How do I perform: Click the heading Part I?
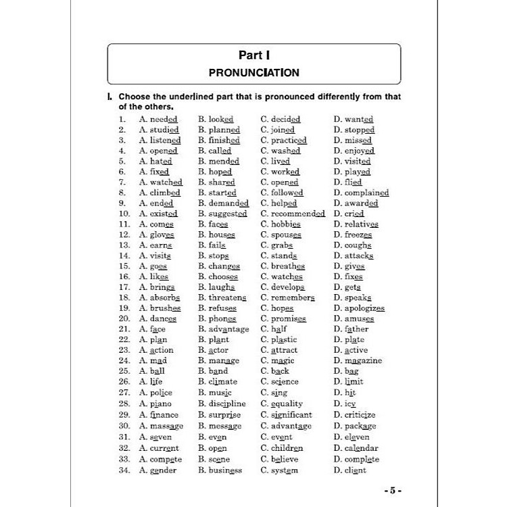pyautogui.click(x=254, y=55)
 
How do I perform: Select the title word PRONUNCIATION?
pyautogui.click(x=254, y=72)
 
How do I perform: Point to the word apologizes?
pyautogui.click(x=364, y=308)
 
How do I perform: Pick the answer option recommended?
pyautogui.click(x=298, y=214)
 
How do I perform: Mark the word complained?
pyautogui.click(x=366, y=193)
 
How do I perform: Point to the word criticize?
pyautogui.click(x=360, y=415)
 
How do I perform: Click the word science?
pyautogui.click(x=285, y=382)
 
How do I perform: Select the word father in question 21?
pyautogui.click(x=356, y=329)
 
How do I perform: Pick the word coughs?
pyautogui.click(x=358, y=245)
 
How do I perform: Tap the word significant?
pyautogui.click(x=291, y=415)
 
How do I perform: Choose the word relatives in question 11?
pyautogui.click(x=361, y=224)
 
